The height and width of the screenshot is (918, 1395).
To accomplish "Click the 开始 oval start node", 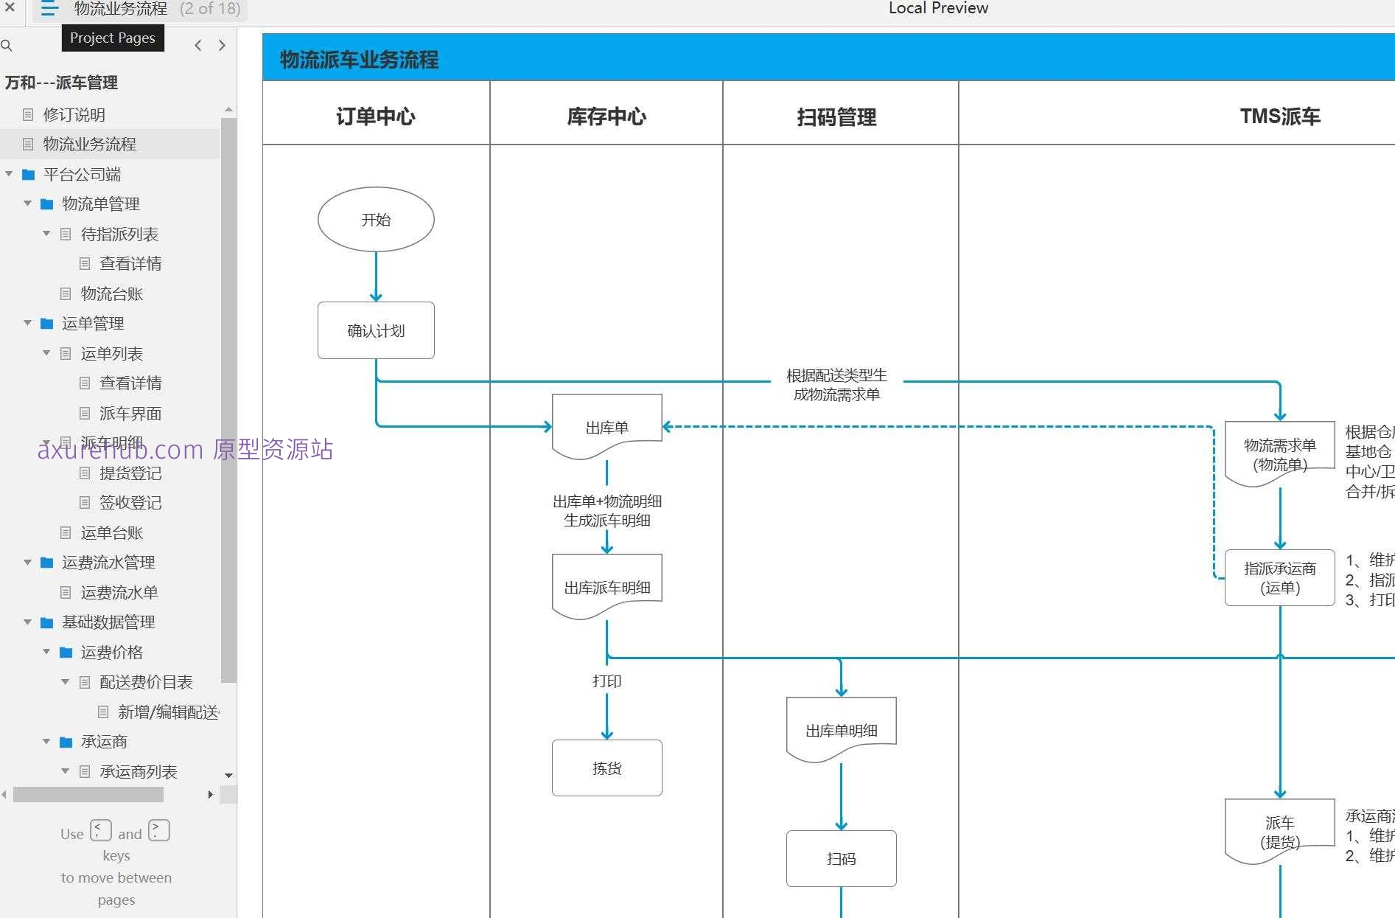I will (376, 219).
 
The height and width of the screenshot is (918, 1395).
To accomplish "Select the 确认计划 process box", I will (376, 330).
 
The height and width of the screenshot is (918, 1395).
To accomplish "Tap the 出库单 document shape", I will (606, 426).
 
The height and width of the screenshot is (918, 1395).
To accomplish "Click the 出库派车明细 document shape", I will (606, 586).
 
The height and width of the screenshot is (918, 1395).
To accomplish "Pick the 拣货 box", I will (606, 768).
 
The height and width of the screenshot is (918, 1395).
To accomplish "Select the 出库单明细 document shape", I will (841, 729).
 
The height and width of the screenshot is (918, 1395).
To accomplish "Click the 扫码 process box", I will (841, 858).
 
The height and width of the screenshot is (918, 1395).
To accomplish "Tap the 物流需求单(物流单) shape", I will (1279, 453).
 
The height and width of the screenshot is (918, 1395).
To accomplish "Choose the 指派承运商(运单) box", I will (1279, 577).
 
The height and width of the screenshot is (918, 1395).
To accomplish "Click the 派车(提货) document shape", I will (1279, 831).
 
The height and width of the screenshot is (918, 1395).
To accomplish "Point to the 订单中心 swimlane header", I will (376, 116).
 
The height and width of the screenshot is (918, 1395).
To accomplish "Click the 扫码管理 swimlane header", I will (836, 117).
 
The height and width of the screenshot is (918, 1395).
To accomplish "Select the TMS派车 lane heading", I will (1279, 116).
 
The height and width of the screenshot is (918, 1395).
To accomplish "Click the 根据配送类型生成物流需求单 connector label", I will (836, 384).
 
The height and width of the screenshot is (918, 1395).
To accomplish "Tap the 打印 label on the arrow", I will (606, 681).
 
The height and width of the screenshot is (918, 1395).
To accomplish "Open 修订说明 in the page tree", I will (74, 114).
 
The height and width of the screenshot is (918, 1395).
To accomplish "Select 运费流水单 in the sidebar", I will (119, 592).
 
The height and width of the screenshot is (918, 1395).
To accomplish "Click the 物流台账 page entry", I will (111, 293).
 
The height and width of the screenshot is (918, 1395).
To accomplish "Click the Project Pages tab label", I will (113, 38).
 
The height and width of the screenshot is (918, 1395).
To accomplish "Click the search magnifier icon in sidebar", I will (7, 46).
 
